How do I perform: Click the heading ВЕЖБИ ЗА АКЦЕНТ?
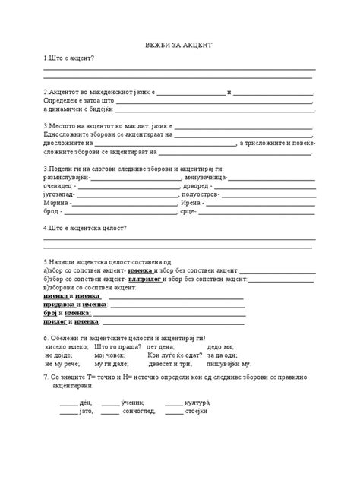click(180, 45)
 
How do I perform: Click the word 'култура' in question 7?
click(197, 402)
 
